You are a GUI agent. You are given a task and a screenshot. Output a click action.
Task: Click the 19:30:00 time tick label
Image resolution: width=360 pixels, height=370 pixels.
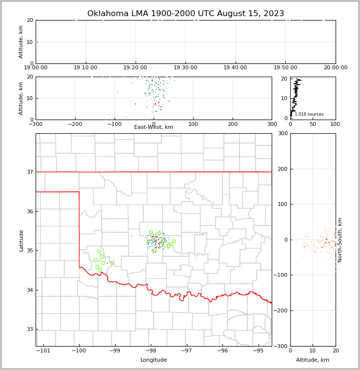click(x=185, y=68)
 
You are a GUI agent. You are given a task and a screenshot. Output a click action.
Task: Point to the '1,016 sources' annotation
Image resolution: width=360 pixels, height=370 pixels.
click(x=309, y=114)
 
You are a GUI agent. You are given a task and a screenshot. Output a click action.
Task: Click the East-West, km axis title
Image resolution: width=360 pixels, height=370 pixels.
click(x=154, y=127)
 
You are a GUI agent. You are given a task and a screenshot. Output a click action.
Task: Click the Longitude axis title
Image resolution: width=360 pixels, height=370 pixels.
click(x=154, y=360)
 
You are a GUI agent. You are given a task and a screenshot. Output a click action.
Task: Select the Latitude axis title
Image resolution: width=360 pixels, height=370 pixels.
click(x=21, y=240)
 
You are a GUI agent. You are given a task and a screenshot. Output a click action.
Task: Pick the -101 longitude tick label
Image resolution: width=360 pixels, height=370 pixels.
click(x=43, y=350)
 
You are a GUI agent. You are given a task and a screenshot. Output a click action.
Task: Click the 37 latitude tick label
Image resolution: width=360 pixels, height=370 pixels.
click(x=29, y=172)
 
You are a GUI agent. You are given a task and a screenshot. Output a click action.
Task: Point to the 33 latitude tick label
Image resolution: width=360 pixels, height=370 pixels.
click(x=29, y=329)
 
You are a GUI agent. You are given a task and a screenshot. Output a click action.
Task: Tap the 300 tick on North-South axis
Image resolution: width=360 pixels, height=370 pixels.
click(x=282, y=133)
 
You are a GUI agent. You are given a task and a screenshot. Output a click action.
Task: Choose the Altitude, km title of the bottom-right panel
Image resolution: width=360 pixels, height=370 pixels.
click(x=313, y=360)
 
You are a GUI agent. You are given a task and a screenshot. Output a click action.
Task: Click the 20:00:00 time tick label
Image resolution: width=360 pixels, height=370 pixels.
click(x=335, y=68)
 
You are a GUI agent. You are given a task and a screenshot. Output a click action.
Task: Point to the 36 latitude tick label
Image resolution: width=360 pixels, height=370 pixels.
click(x=29, y=211)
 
